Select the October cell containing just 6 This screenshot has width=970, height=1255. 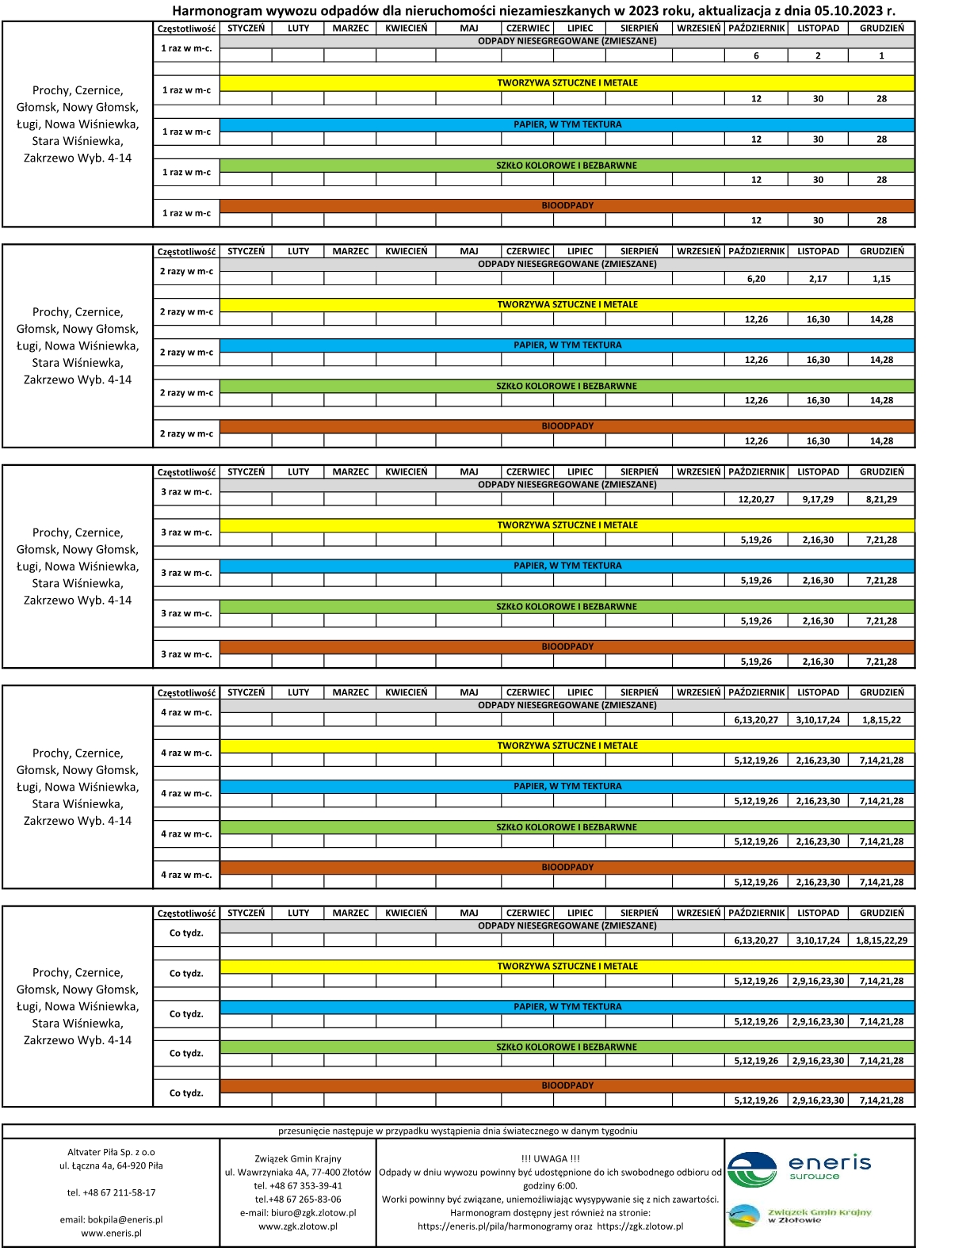point(756,56)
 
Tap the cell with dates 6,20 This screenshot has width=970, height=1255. point(756,279)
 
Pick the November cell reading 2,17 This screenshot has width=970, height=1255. point(818,279)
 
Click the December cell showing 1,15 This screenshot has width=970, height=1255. point(881,279)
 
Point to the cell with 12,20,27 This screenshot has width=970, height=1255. point(756,500)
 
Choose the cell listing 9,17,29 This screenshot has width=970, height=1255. point(818,500)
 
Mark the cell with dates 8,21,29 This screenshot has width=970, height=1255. point(881,500)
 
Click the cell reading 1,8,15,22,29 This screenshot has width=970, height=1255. point(881,940)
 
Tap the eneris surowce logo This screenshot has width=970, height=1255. point(799,1169)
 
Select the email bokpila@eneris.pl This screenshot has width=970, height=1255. point(111,1220)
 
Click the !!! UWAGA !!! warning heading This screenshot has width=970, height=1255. point(550,1158)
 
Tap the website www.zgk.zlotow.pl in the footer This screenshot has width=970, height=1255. point(297,1226)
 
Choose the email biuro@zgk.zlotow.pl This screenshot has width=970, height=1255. point(297,1213)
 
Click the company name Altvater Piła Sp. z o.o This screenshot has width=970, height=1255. point(111,1152)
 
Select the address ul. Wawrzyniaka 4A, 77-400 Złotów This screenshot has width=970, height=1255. point(297,1173)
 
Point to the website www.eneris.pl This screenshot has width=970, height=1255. point(111,1233)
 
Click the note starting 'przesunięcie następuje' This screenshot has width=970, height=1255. point(457,1131)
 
